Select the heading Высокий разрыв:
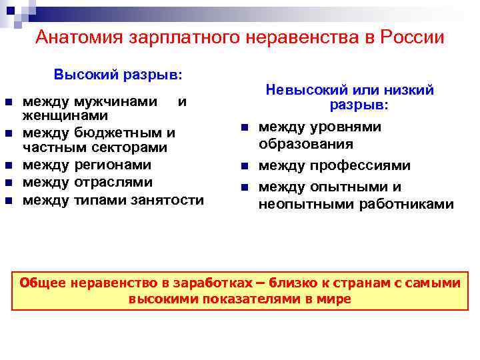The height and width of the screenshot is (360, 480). [118, 73]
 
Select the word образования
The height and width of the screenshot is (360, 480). [306, 144]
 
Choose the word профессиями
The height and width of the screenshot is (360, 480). [373, 165]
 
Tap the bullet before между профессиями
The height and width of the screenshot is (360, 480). [245, 166]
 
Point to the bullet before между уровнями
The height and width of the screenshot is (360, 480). [245, 127]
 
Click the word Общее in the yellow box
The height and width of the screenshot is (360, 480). [41, 283]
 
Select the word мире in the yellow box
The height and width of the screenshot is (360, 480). [335, 299]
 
